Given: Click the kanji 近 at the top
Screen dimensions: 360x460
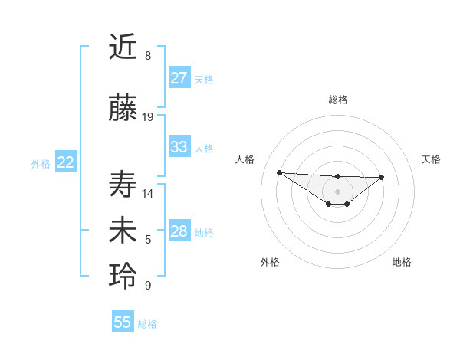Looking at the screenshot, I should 124,47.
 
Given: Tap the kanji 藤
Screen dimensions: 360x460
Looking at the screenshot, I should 124,109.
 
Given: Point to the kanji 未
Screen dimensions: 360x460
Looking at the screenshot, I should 124,231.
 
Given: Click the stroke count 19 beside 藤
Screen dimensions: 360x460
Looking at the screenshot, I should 148,117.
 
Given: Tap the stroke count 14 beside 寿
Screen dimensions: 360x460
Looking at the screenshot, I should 148,193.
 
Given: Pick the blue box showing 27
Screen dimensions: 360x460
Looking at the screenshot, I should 179,78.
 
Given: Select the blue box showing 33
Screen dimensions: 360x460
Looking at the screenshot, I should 179,147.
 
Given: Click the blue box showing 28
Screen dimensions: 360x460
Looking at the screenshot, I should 179,231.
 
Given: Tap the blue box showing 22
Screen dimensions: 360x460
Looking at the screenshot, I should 65,162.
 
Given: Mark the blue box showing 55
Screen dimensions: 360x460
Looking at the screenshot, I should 122,323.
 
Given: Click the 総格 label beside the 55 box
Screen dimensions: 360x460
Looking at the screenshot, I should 147,324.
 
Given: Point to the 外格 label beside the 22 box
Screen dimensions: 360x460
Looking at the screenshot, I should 41,163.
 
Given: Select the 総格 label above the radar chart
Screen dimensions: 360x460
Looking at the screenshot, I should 337,100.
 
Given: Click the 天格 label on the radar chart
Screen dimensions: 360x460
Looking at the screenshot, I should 431,159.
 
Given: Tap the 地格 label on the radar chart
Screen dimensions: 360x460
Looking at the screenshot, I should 402,262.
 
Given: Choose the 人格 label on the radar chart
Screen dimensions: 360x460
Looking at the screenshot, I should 245,159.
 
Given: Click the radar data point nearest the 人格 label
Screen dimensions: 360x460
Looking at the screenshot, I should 279,172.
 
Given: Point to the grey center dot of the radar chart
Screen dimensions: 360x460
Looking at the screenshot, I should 337,191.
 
